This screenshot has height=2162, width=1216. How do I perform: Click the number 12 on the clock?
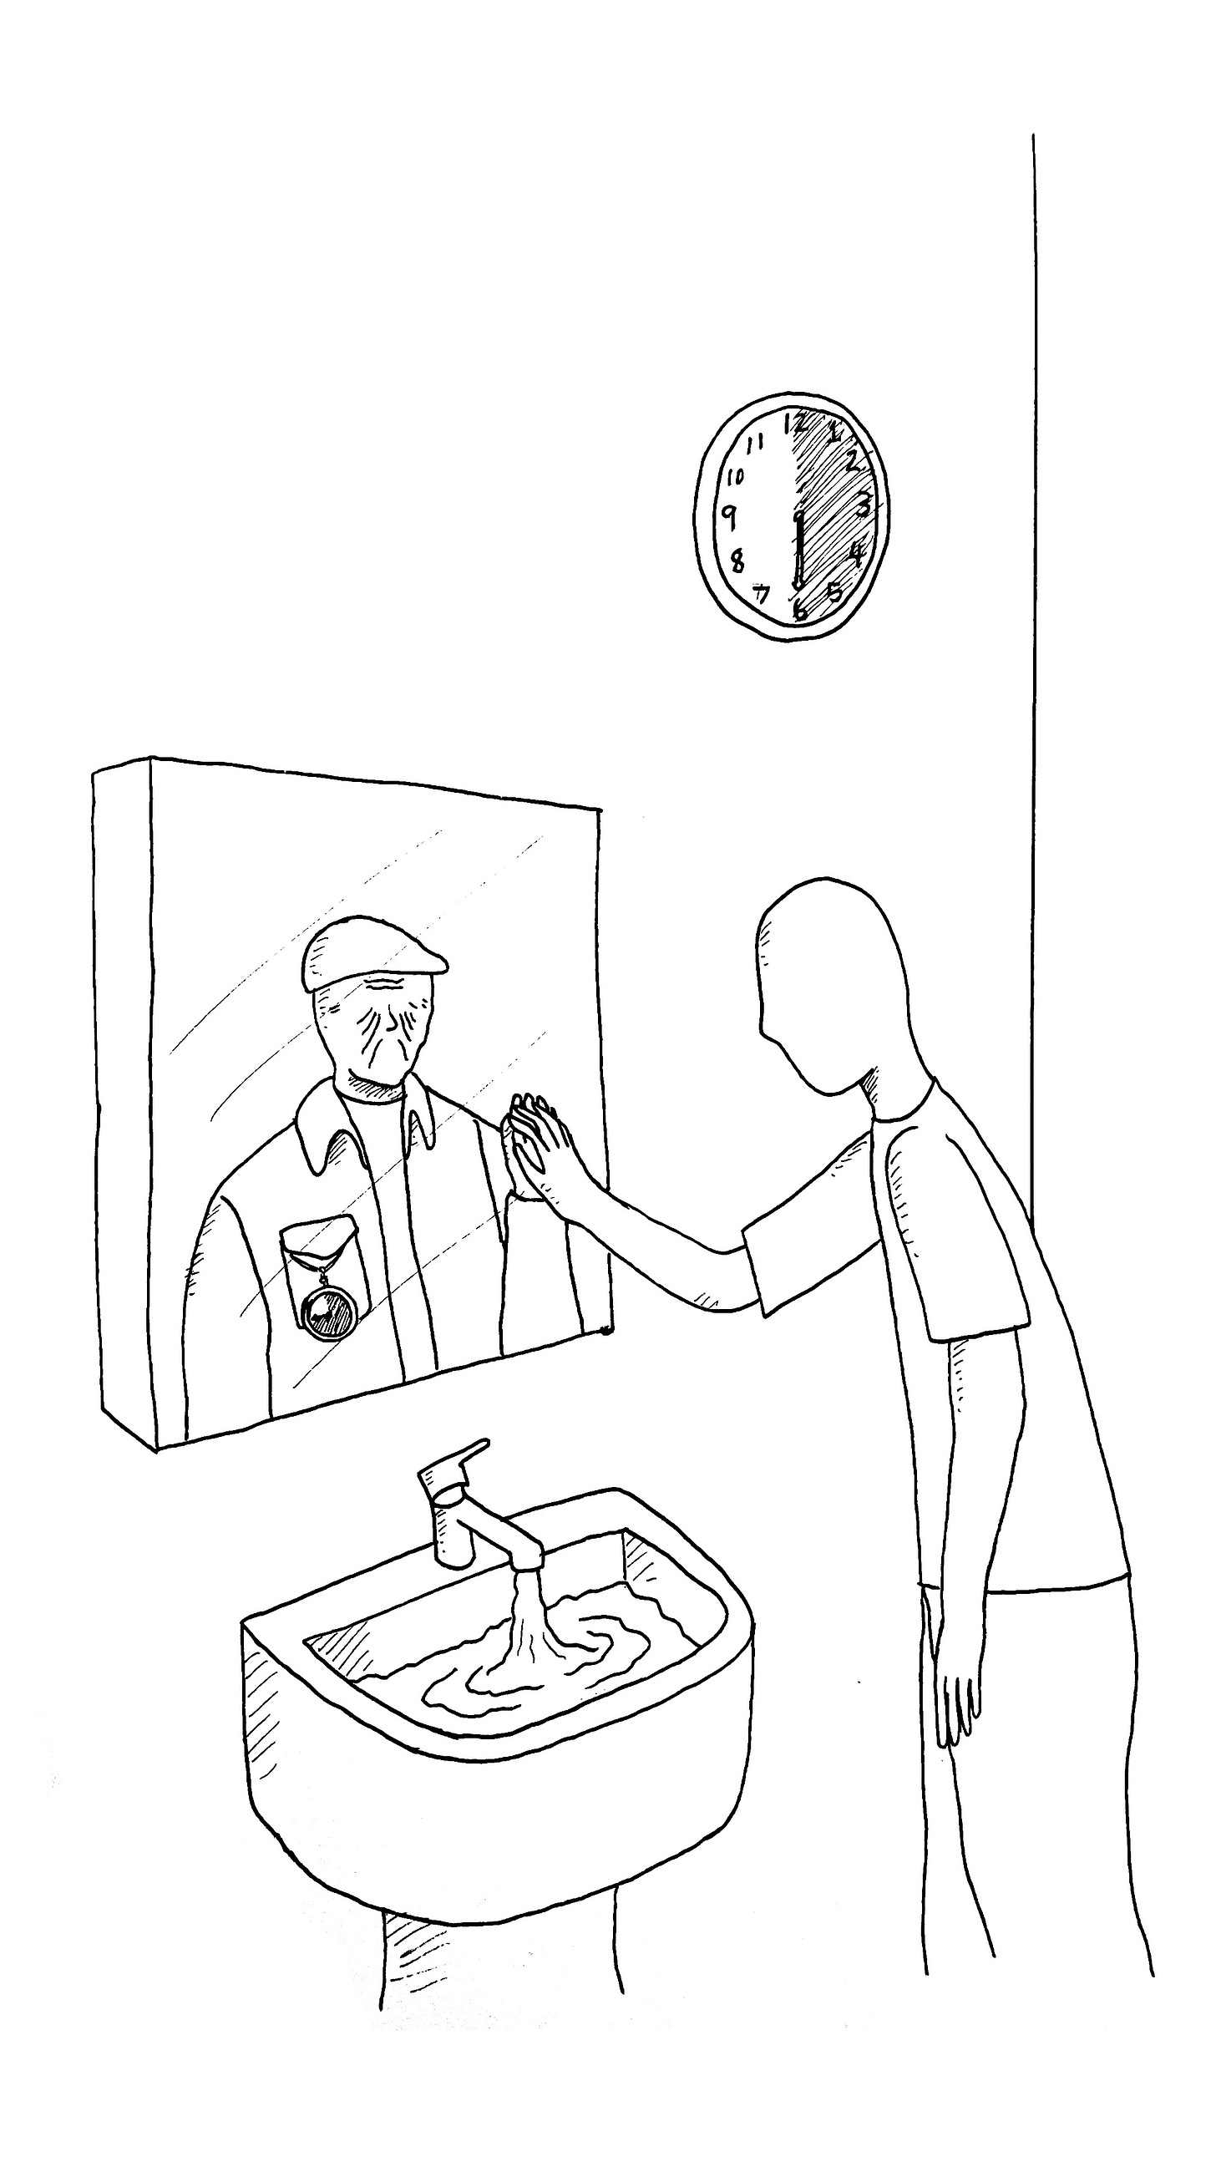[x=795, y=423]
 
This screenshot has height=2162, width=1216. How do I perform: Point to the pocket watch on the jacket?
[x=326, y=1312]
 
